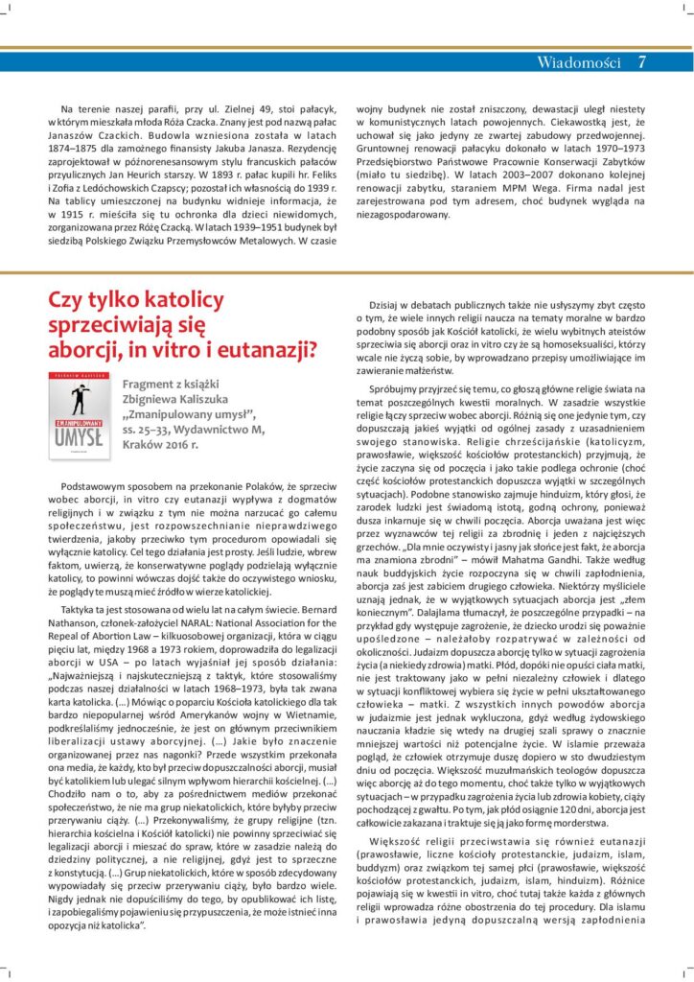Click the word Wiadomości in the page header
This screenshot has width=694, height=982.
[579, 62]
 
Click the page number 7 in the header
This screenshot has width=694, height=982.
[641, 62]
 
